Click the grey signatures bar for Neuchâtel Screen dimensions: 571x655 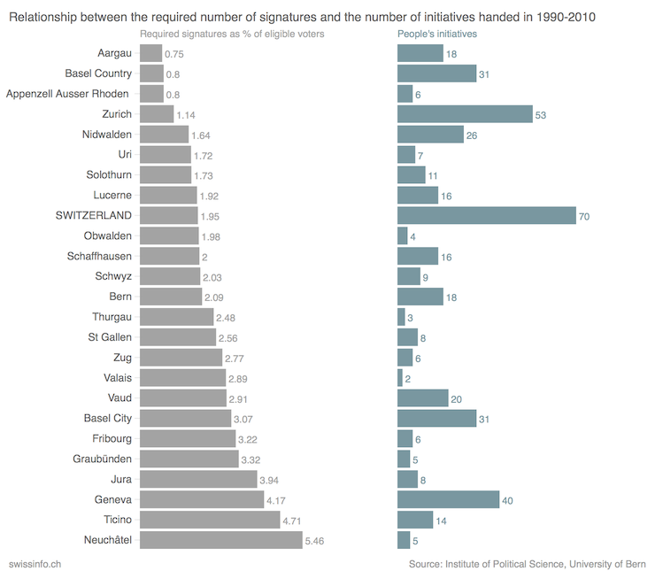[221, 540]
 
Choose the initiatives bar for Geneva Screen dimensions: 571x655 [448, 499]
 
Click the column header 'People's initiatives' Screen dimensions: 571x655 [437, 34]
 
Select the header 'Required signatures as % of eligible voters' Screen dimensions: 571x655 [232, 34]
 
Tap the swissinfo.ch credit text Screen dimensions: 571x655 [35, 563]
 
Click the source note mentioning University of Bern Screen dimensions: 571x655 [528, 563]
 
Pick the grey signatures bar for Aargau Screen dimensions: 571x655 [150, 53]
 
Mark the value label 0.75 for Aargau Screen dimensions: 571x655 [173, 54]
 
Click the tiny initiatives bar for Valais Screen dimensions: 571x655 [399, 378]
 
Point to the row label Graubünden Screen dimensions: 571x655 [102, 459]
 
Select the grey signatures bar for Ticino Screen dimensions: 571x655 [210, 520]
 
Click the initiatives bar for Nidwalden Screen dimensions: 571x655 [430, 134]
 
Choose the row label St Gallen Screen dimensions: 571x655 [110, 337]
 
